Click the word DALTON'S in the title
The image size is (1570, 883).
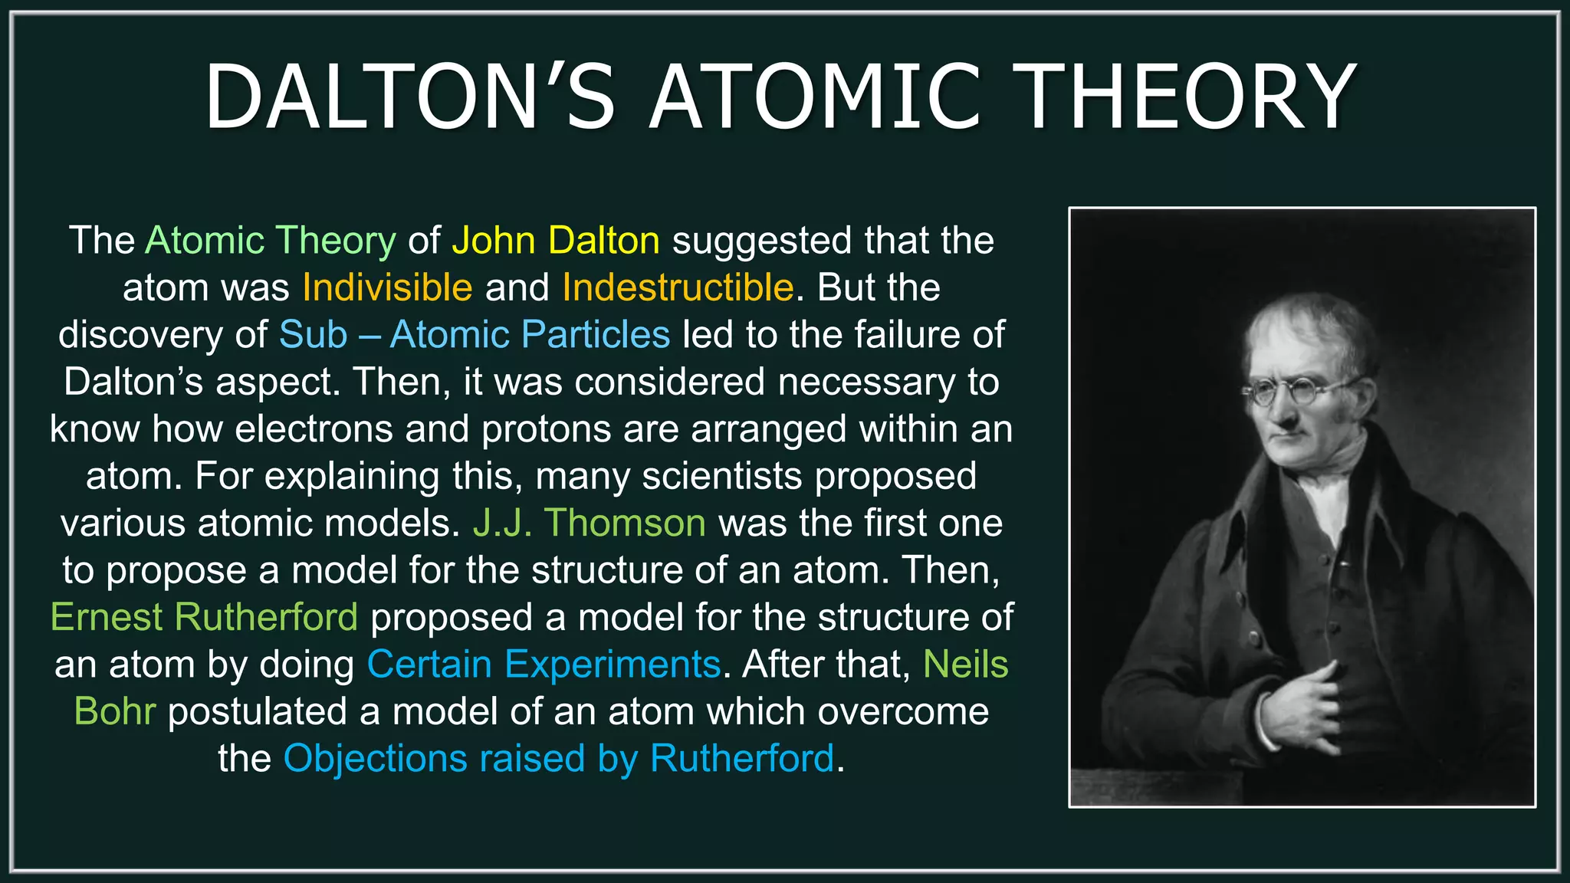409,97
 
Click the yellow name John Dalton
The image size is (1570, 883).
556,241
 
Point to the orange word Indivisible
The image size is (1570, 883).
387,287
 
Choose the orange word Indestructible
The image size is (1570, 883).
678,287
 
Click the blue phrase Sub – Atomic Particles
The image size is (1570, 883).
475,335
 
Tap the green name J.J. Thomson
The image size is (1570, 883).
589,523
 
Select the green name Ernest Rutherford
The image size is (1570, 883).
204,617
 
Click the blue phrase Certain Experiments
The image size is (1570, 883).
544,665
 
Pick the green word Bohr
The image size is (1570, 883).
115,711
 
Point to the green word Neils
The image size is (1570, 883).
965,665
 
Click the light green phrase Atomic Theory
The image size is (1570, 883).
271,241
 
